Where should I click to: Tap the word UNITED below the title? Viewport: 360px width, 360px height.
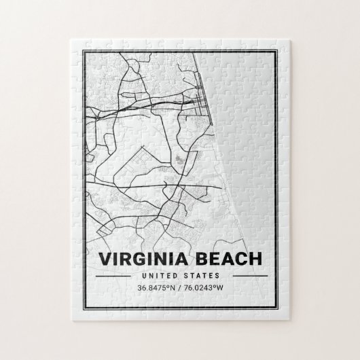point(162,276)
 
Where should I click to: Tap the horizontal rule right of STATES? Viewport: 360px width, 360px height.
point(243,276)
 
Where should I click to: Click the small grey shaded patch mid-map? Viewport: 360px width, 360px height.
point(178,160)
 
